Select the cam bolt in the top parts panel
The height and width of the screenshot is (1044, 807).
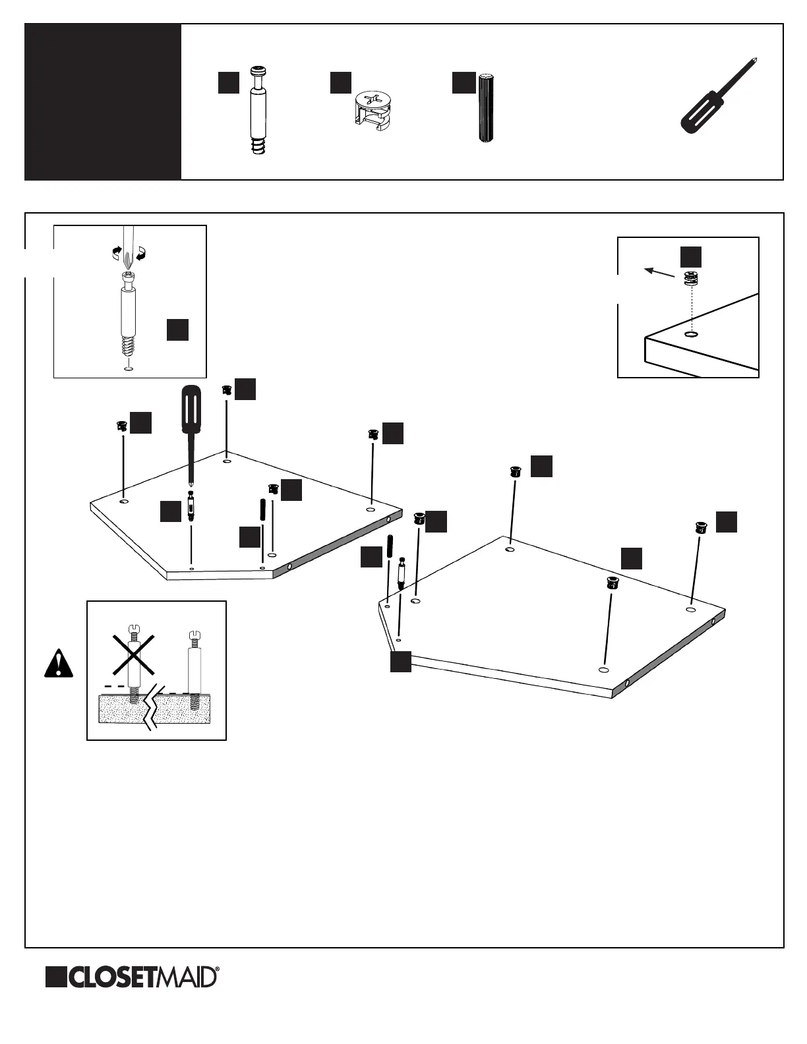pyautogui.click(x=258, y=110)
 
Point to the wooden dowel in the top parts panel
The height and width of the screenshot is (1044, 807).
pyautogui.click(x=486, y=109)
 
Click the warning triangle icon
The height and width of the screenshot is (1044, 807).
pyautogui.click(x=59, y=664)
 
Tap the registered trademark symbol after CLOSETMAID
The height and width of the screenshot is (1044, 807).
pyautogui.click(x=218, y=970)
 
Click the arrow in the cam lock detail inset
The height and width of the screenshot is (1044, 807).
pyautogui.click(x=659, y=272)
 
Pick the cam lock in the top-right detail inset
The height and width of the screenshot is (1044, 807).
pyautogui.click(x=690, y=279)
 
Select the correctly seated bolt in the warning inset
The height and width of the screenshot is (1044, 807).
pyautogui.click(x=194, y=669)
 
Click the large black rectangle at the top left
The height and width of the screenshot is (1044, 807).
pyautogui.click(x=103, y=102)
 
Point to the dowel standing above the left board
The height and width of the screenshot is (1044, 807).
pyautogui.click(x=262, y=511)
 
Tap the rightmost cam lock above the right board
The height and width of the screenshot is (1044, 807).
pyautogui.click(x=700, y=527)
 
